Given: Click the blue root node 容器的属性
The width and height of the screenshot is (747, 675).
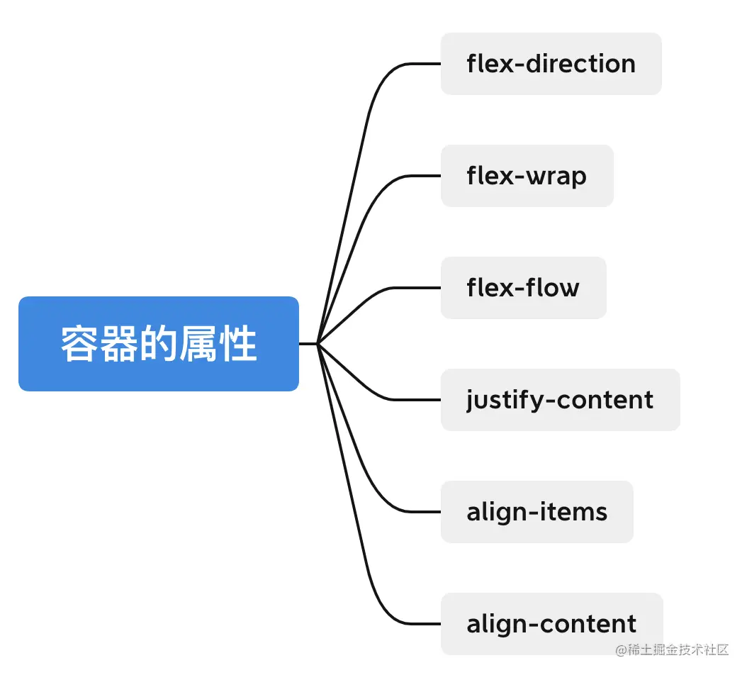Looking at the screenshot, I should pyautogui.click(x=159, y=344).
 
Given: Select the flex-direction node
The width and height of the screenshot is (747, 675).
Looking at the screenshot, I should pyautogui.click(x=551, y=64).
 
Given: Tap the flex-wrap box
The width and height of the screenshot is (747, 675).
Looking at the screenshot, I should pyautogui.click(x=527, y=176).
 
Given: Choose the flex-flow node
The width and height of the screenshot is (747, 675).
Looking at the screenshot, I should pyautogui.click(x=523, y=288).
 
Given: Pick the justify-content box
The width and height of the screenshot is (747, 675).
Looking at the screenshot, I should pyautogui.click(x=560, y=400).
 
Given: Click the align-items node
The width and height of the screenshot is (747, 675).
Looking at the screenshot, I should pyautogui.click(x=537, y=512).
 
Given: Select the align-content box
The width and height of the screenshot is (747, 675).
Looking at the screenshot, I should pyautogui.click(x=551, y=624).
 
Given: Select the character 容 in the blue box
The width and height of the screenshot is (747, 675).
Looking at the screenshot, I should pyautogui.click(x=79, y=344).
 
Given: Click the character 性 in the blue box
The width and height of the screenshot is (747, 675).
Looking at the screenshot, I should pyautogui.click(x=238, y=344).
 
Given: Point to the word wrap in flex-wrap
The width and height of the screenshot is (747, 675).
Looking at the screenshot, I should pyautogui.click(x=556, y=176).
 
